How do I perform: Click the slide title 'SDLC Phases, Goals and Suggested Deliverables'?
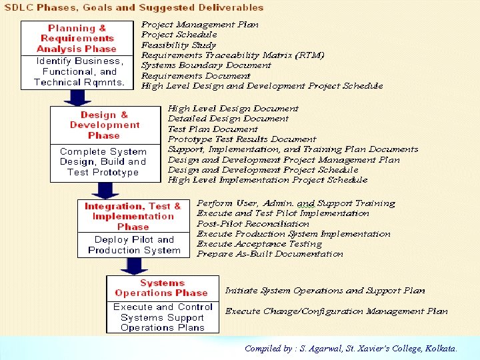134,8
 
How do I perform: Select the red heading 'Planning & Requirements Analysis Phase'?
77,39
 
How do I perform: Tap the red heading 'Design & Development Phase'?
105,125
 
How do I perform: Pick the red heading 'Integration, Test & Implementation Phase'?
133,216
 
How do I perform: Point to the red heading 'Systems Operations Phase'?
162,288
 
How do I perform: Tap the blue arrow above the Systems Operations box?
135,266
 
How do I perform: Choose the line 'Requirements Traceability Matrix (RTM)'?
233,55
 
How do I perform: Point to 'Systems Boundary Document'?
206,65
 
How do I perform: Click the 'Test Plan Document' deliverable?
213,129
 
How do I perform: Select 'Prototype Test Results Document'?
242,139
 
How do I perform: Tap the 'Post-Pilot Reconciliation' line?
253,224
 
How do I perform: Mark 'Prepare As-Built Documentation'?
270,254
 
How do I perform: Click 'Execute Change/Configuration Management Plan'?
336,311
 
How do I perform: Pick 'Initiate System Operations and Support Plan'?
325,291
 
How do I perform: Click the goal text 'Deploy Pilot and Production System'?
134,245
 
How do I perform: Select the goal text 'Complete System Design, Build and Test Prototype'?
103,162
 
